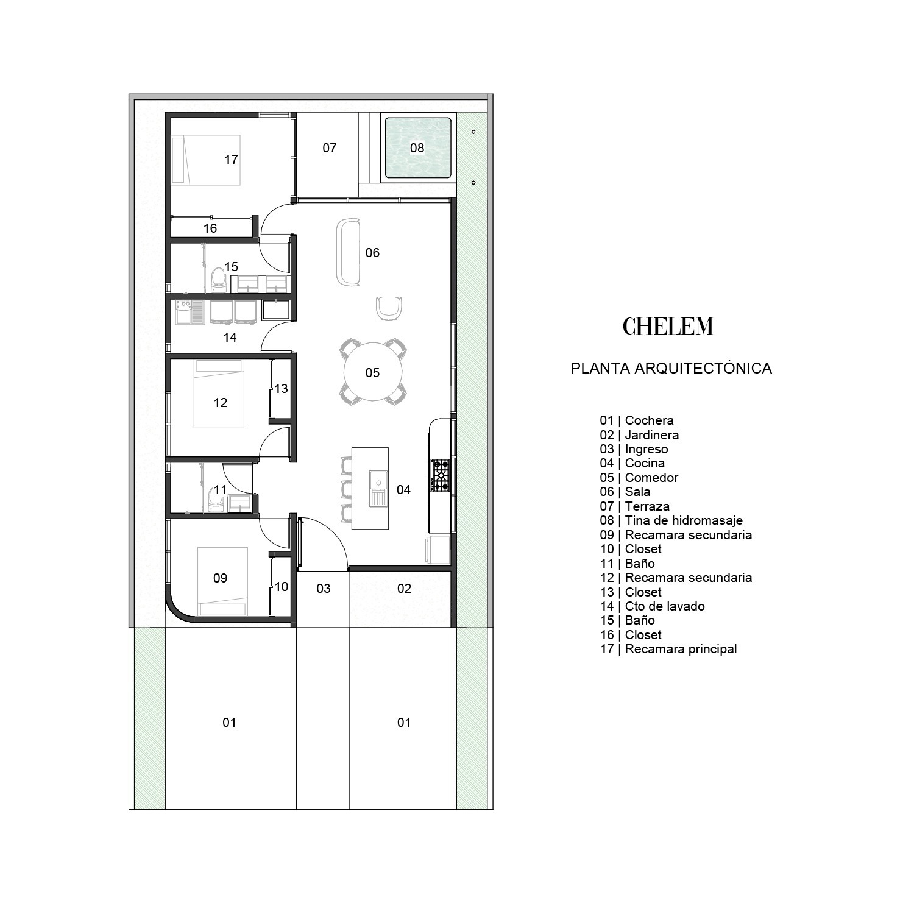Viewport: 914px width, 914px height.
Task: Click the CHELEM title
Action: pos(667,327)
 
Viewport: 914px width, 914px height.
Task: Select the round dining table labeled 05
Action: pos(372,372)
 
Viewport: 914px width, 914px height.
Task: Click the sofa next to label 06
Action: pos(348,252)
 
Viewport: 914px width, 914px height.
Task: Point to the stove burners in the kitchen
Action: pos(441,475)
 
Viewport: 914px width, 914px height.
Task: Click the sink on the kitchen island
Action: pos(378,488)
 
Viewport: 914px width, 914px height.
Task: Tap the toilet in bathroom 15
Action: pos(218,278)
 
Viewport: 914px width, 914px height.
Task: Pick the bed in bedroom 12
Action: pos(219,394)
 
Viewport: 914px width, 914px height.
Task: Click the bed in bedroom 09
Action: pos(222,581)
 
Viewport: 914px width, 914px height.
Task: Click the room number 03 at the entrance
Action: pos(324,589)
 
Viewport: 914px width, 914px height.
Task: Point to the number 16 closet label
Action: pos(210,228)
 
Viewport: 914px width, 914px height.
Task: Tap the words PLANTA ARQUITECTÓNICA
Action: pos(671,368)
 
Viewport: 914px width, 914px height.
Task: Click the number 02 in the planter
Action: pos(404,589)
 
